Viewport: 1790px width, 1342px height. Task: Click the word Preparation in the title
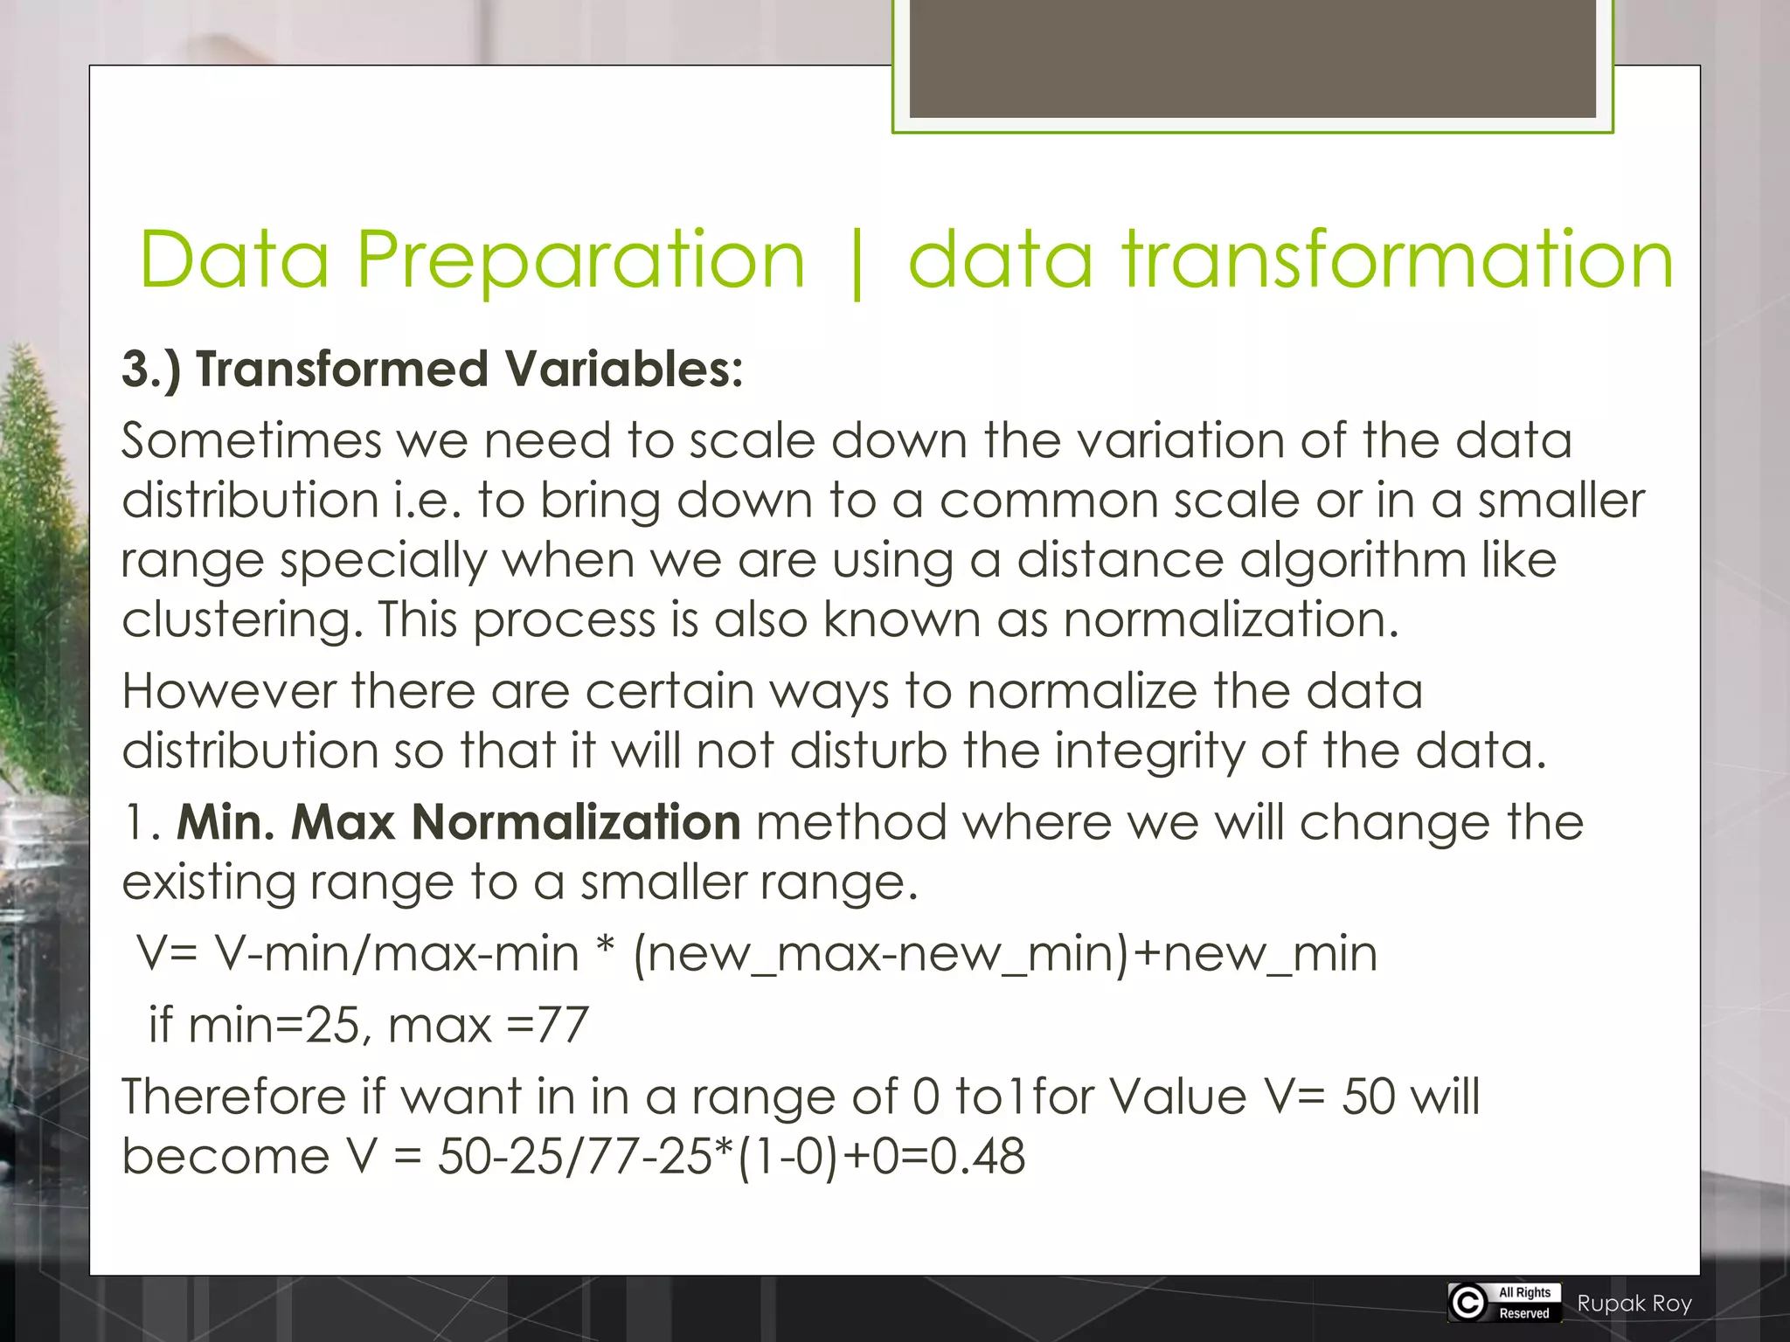pyautogui.click(x=580, y=259)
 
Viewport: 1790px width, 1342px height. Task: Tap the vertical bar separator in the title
pyautogui.click(x=857, y=262)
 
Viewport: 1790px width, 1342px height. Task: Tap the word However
pyautogui.click(x=229, y=691)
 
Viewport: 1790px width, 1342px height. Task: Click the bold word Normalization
pyautogui.click(x=576, y=823)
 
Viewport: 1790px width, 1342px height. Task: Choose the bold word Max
pyautogui.click(x=343, y=823)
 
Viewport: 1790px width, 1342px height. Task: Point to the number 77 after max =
pyautogui.click(x=562, y=1025)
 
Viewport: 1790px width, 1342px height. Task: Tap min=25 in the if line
pyautogui.click(x=274, y=1025)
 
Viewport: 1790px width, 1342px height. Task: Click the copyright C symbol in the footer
pyautogui.click(x=1468, y=1303)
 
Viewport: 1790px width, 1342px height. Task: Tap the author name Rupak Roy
pyautogui.click(x=1634, y=1304)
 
